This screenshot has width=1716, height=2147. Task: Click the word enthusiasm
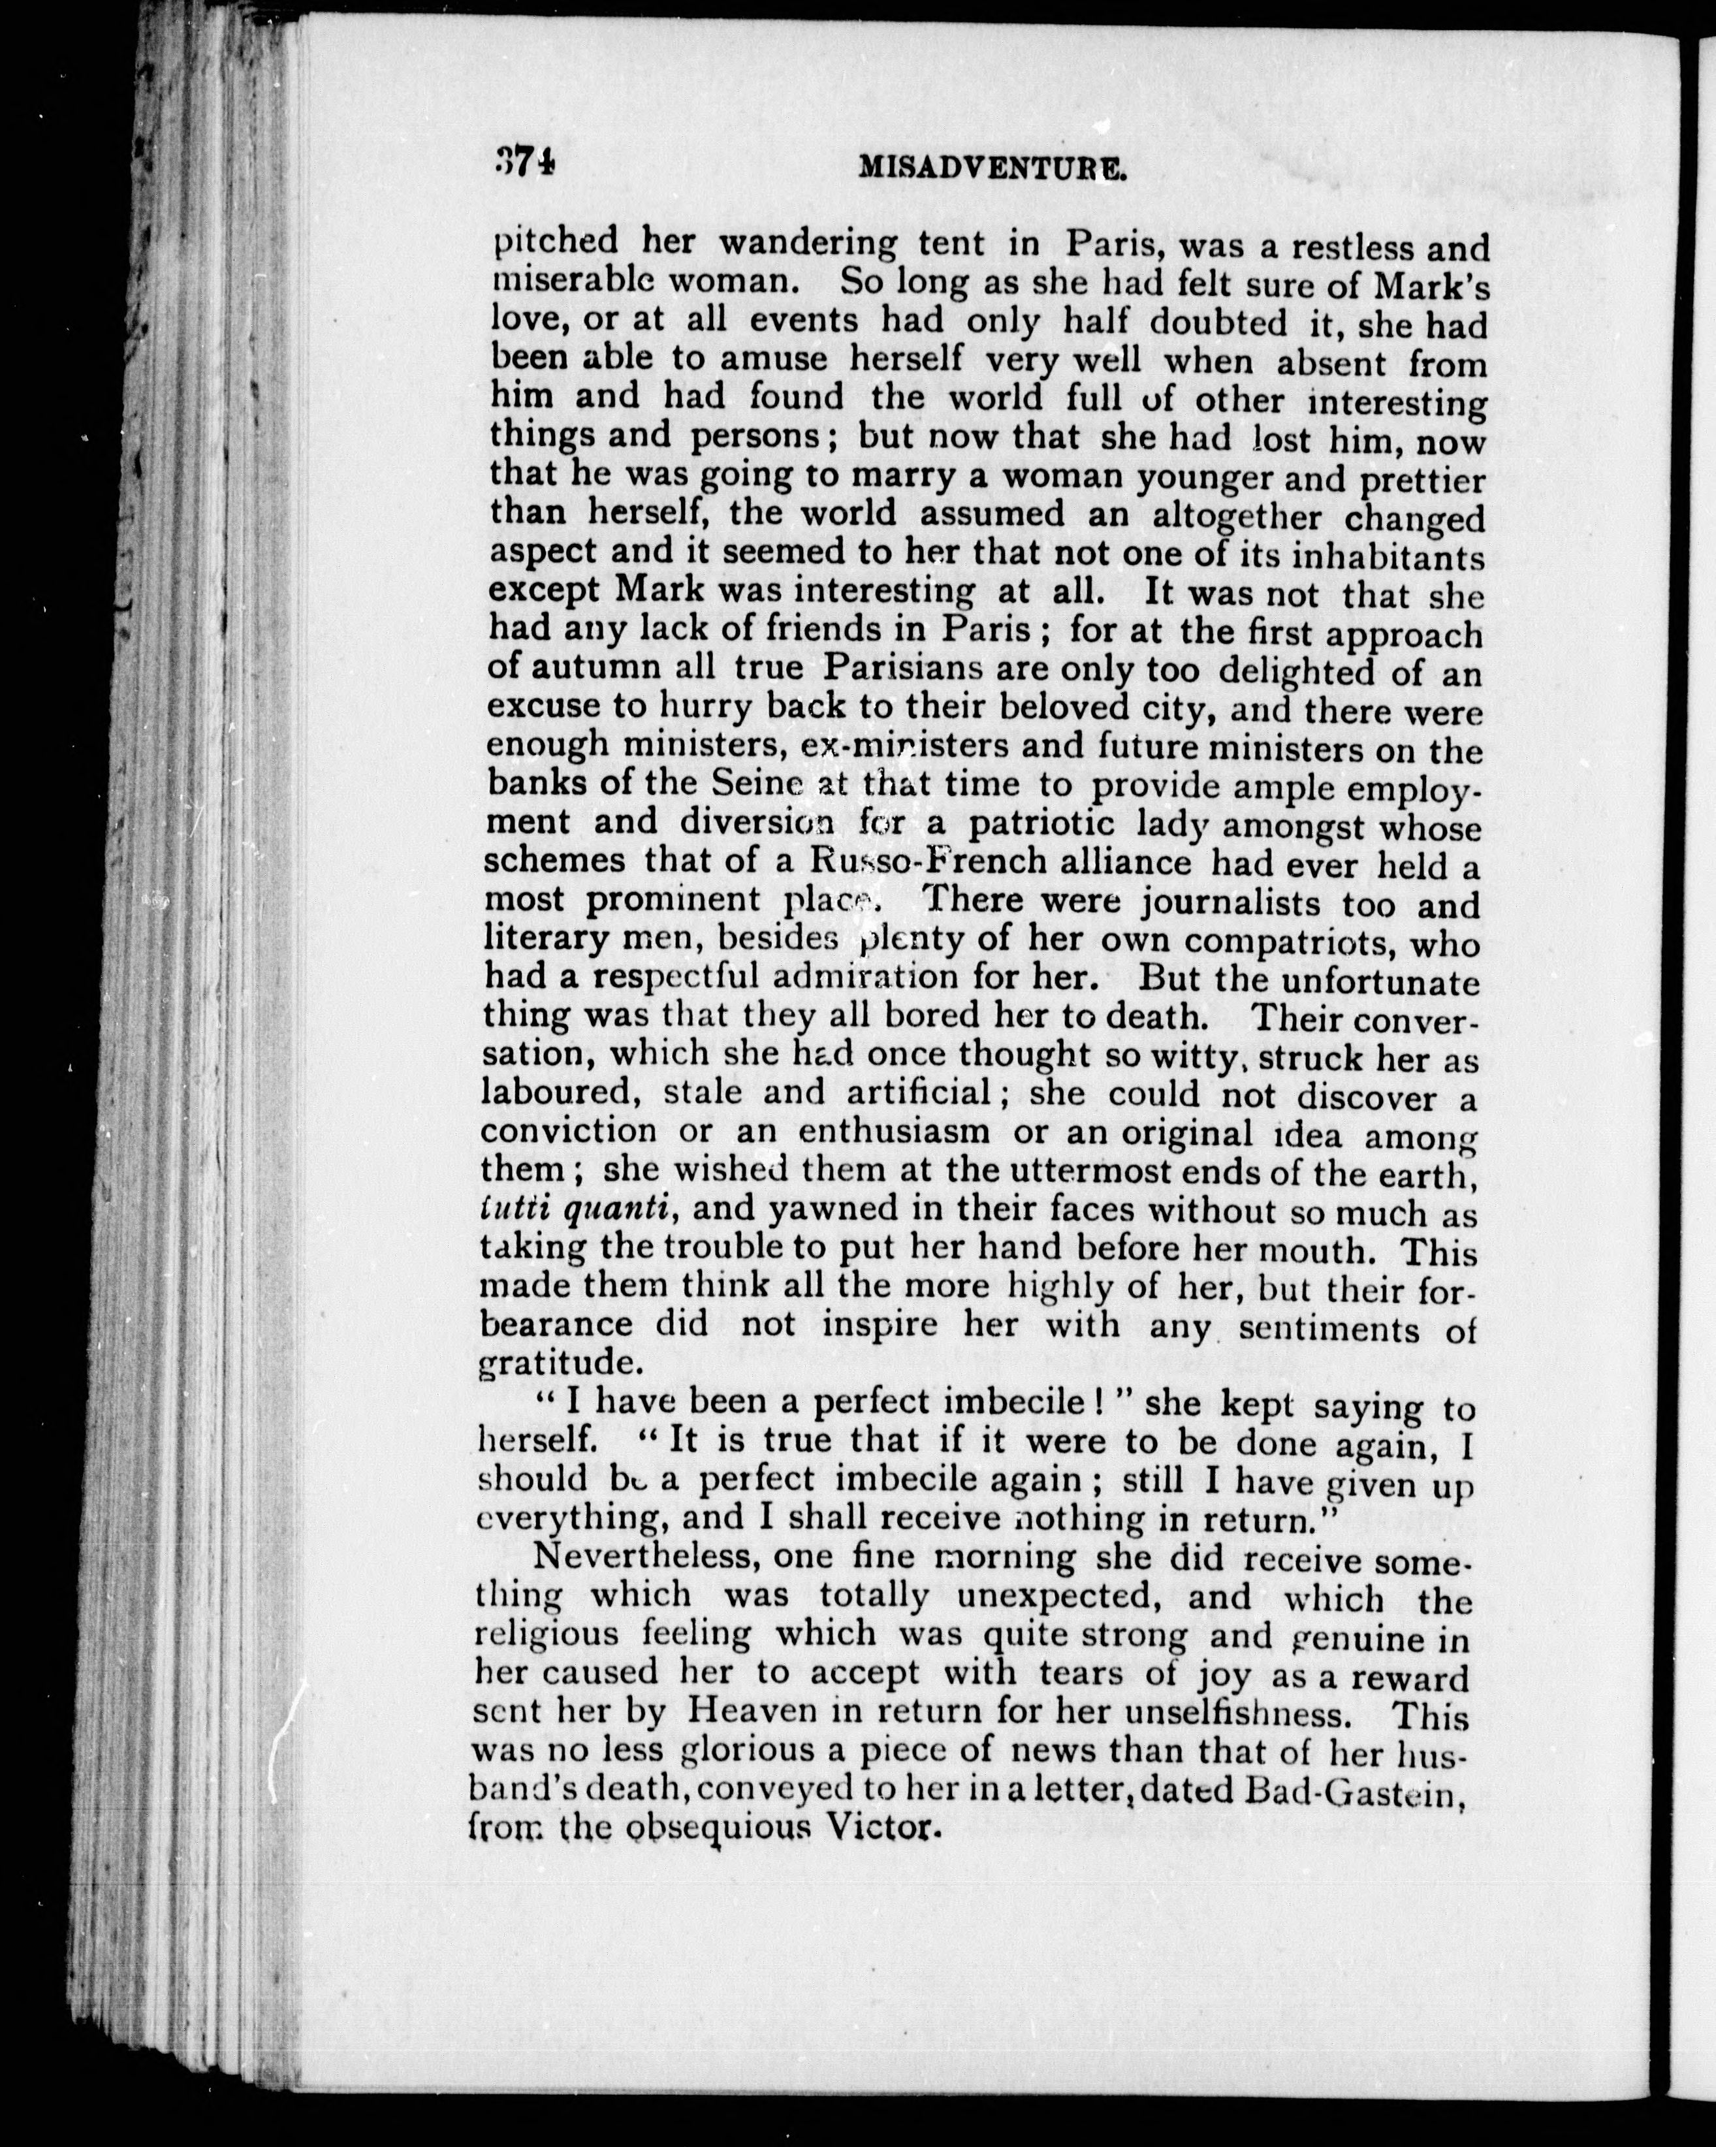pyautogui.click(x=893, y=1132)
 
